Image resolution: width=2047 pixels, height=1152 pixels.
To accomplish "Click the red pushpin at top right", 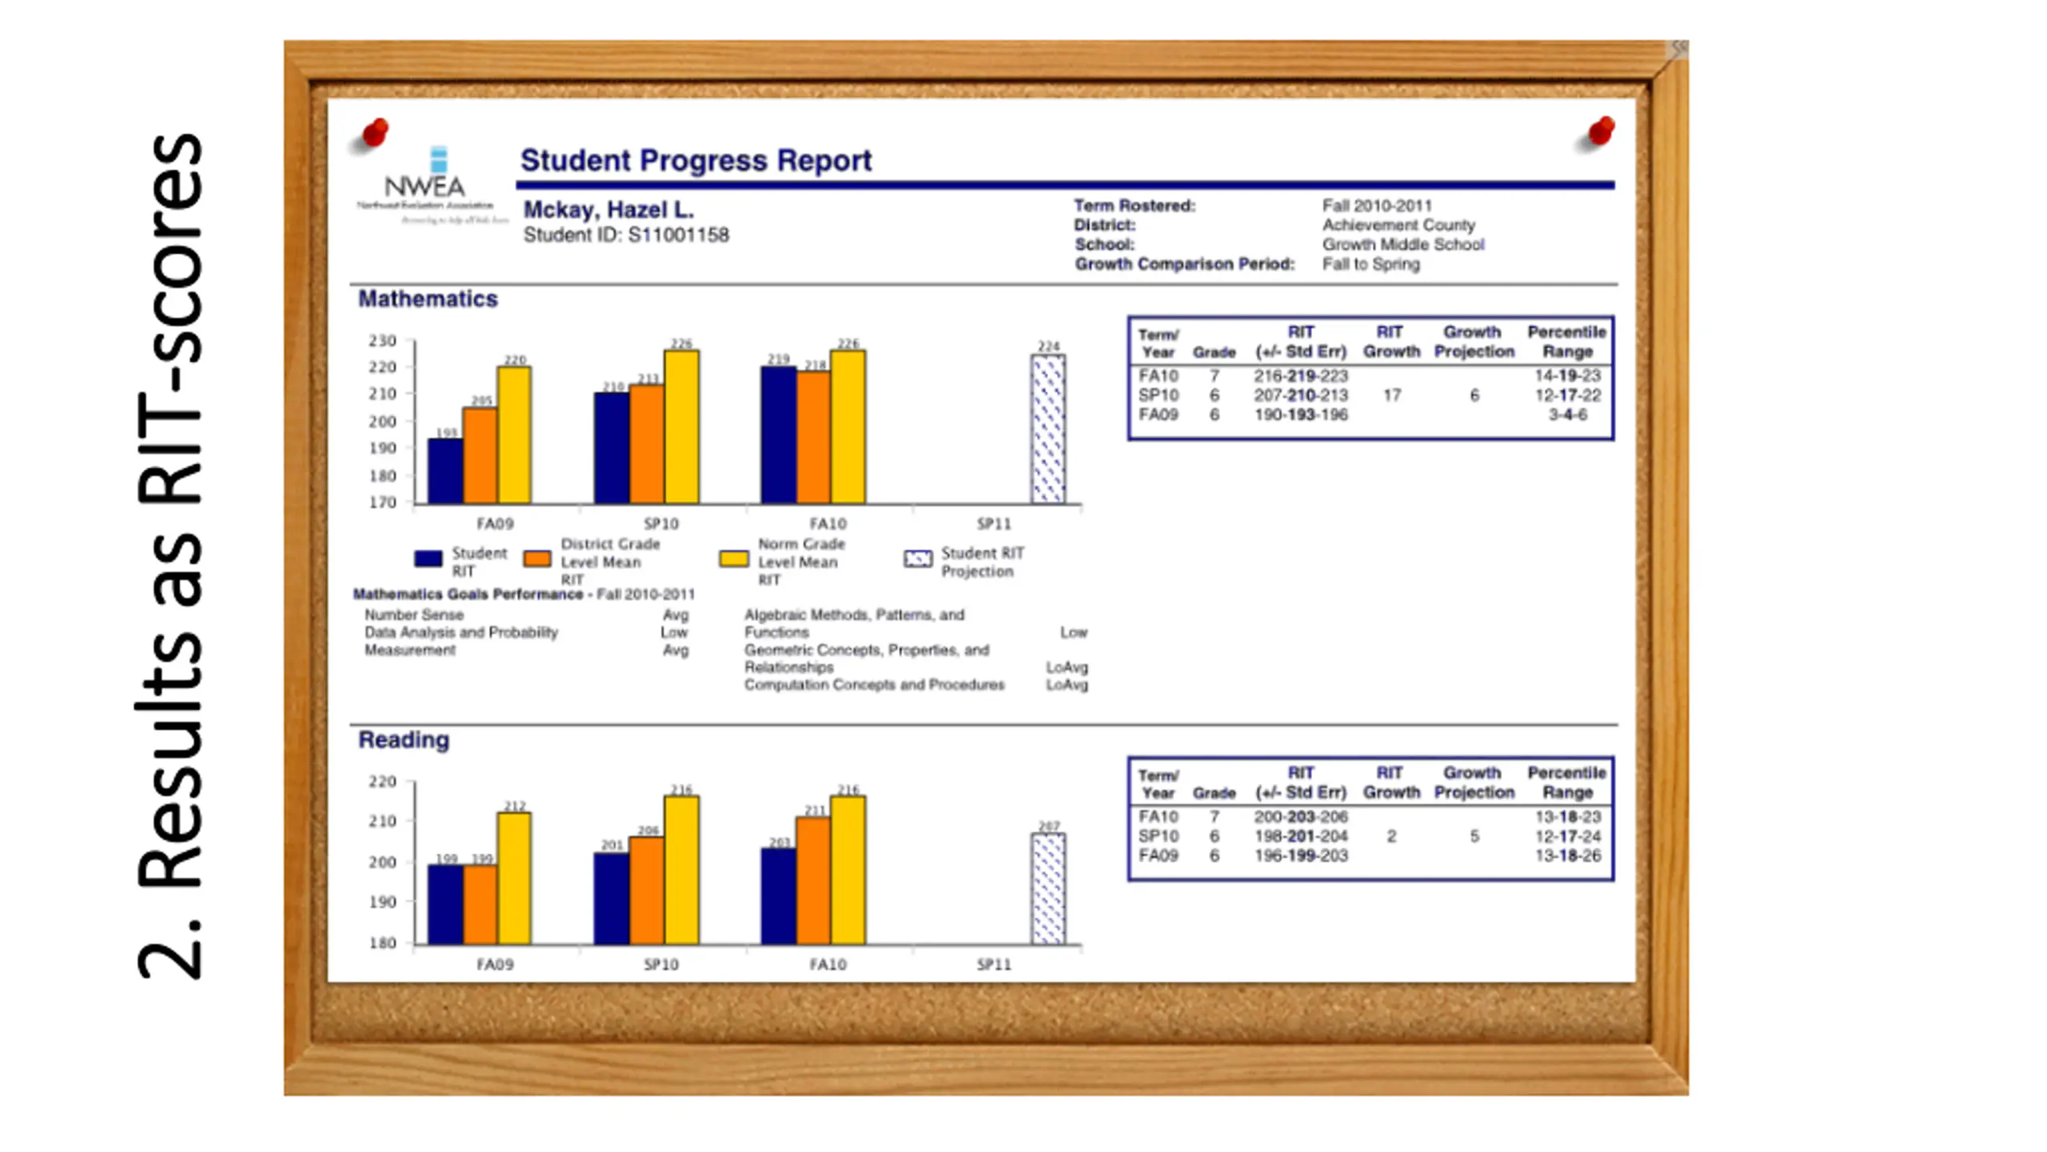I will [x=1601, y=130].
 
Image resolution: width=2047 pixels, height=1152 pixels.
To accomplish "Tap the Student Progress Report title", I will [x=696, y=161].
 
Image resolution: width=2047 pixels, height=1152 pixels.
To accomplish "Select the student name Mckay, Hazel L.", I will [x=609, y=210].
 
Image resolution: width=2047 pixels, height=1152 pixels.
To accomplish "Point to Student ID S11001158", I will [x=626, y=235].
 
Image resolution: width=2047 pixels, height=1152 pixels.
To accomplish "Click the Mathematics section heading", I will [x=428, y=298].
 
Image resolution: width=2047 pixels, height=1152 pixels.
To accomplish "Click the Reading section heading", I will [x=404, y=740].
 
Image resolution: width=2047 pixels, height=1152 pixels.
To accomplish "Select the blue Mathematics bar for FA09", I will [x=445, y=471].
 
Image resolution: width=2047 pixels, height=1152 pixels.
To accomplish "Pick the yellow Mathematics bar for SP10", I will [x=681, y=427].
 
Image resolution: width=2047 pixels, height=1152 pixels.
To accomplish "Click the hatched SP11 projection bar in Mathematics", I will [x=1047, y=430].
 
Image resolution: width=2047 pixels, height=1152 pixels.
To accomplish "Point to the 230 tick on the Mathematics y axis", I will [x=382, y=341].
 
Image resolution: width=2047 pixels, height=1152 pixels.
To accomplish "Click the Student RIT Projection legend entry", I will [x=964, y=562].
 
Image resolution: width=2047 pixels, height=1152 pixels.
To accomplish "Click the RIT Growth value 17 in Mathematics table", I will [x=1392, y=395].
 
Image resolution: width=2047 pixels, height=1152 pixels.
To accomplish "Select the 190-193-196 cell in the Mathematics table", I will [x=1301, y=414].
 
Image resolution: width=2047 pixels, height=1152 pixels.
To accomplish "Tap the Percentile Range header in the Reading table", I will [x=1566, y=782].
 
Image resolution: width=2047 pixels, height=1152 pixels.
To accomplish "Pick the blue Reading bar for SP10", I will [x=611, y=898].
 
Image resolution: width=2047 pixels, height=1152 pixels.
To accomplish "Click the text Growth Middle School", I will [x=1403, y=245].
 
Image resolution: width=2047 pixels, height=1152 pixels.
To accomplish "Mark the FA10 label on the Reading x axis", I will [x=828, y=964].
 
